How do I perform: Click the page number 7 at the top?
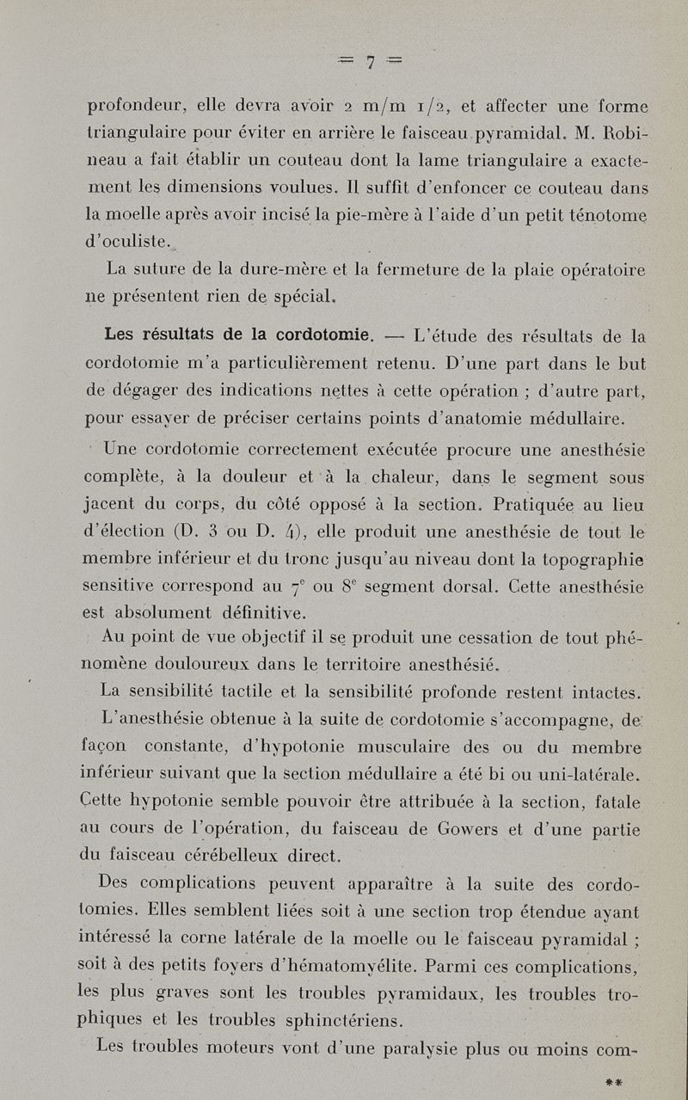[x=370, y=62]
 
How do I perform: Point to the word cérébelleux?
[x=236, y=857]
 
